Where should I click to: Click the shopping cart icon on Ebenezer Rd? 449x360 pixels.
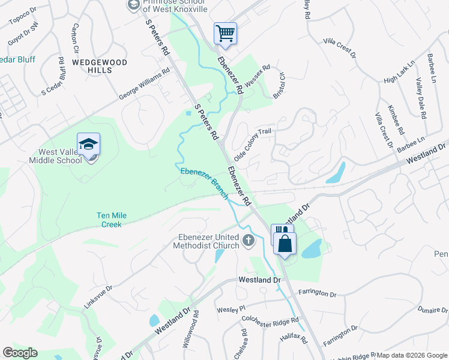(x=225, y=34)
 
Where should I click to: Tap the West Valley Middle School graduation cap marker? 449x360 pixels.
(x=88, y=145)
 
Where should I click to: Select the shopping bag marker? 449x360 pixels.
(x=285, y=243)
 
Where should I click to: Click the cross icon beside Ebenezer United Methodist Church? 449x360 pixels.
(x=249, y=241)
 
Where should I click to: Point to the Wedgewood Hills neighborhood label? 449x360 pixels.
(x=91, y=66)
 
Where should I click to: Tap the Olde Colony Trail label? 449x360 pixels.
(x=253, y=140)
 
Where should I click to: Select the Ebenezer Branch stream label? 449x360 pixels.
(x=203, y=179)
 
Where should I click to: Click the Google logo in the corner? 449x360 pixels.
(x=20, y=352)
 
